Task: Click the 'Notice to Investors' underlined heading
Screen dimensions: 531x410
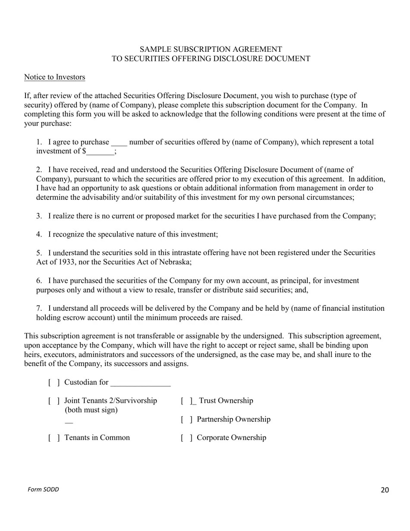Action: (54, 77)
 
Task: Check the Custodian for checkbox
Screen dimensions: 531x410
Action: (54, 382)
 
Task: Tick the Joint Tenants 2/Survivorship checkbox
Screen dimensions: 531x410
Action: (54, 401)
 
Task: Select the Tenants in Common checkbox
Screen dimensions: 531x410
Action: (54, 438)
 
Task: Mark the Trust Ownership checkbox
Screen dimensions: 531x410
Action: (186, 401)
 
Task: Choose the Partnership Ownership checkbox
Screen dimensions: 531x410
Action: (186, 420)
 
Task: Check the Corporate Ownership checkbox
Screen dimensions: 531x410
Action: (186, 438)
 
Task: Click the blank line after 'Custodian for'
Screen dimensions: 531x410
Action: (140, 383)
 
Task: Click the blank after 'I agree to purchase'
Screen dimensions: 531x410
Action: (119, 143)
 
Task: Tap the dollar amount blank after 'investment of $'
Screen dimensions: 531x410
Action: (100, 152)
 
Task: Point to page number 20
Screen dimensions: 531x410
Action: (385, 490)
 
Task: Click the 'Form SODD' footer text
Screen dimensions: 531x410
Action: (43, 490)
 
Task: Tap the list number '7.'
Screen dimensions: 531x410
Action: (39, 308)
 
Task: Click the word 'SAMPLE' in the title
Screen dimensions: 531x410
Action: (155, 50)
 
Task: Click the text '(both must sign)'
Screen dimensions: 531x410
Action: (91, 410)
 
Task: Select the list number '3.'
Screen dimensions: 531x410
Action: (39, 216)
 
